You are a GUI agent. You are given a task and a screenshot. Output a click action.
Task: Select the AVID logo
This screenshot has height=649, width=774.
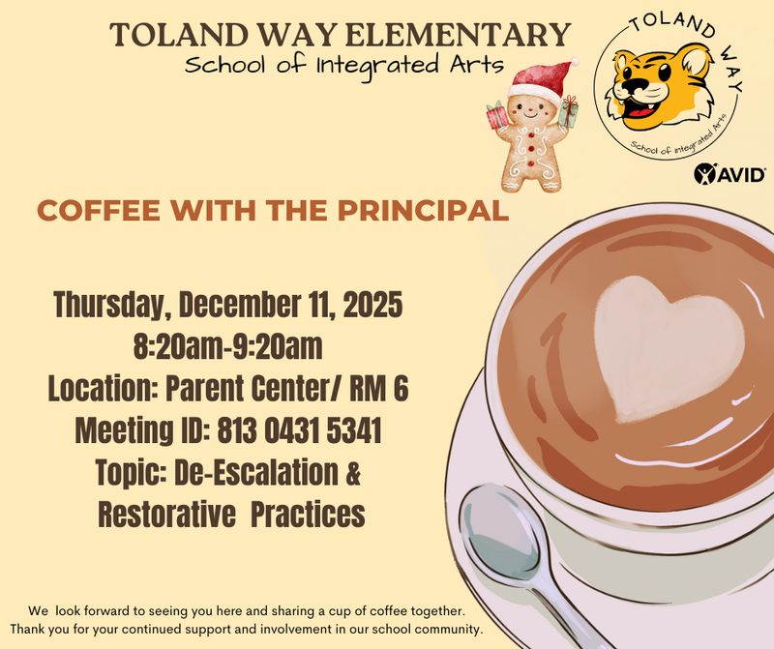click(x=731, y=175)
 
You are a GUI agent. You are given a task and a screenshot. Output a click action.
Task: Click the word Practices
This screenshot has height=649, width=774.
click(x=308, y=514)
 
